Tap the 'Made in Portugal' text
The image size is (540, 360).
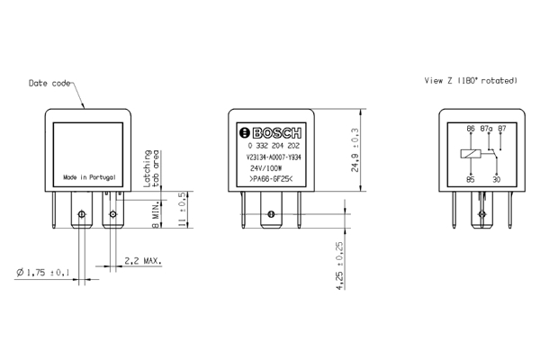pos(89,177)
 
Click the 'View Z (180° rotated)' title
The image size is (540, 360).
pos(471,80)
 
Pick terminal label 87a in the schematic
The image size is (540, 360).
pos(487,129)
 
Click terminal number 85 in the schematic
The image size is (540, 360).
pos(470,179)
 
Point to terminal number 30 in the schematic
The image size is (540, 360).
pos(497,179)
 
